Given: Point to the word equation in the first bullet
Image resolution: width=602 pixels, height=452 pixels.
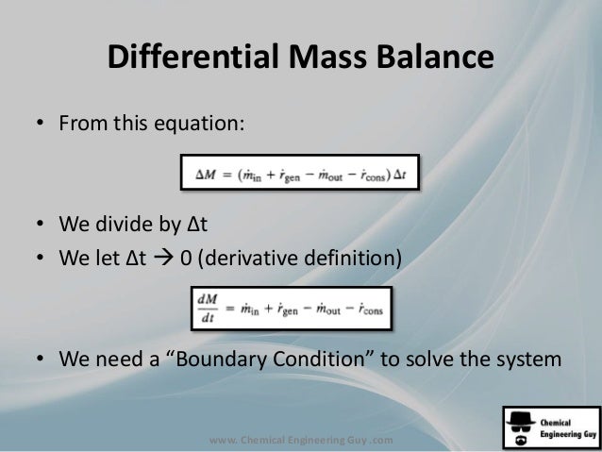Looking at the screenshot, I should [x=206, y=125].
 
